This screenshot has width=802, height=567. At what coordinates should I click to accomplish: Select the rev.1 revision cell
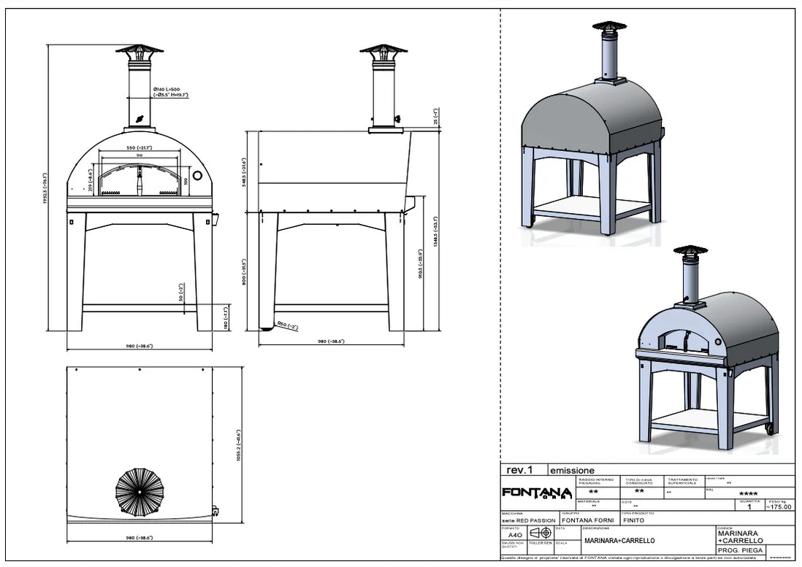click(x=519, y=471)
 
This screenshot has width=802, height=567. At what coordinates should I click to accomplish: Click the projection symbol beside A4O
click(x=539, y=533)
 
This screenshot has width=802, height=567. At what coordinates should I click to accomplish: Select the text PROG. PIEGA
click(x=740, y=550)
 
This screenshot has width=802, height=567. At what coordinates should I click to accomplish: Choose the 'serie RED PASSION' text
click(x=530, y=520)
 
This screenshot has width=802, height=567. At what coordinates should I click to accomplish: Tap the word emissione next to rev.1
click(x=572, y=471)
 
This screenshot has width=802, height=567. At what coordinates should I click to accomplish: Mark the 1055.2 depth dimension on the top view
click(x=239, y=445)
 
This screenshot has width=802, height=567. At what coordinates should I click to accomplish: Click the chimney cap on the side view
click(x=383, y=53)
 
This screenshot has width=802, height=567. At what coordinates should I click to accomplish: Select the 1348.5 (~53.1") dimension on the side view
click(x=435, y=231)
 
